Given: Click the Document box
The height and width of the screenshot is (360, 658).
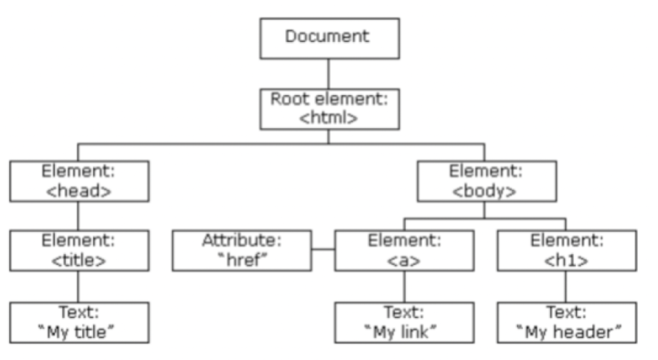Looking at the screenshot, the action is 329,38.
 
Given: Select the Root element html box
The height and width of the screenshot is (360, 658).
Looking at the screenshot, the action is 329,109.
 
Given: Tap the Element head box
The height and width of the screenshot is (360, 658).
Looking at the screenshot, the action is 80,181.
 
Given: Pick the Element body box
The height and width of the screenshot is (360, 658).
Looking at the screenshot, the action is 487,181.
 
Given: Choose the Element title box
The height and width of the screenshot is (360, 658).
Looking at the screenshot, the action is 80,250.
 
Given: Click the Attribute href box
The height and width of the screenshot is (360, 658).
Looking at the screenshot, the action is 241,250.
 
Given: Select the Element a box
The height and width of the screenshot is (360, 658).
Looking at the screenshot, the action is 405,250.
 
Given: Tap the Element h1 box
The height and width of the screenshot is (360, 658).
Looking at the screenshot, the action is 567,250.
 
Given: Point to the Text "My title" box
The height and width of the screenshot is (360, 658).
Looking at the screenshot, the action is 80,323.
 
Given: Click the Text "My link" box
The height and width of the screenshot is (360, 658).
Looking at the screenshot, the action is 405,323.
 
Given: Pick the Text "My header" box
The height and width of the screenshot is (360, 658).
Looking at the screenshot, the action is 567,323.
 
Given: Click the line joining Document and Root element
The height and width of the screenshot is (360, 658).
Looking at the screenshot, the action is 329,74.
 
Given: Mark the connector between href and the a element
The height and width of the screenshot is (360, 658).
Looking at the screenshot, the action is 324,249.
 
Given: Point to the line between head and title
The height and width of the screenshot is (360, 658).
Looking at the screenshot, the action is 78,216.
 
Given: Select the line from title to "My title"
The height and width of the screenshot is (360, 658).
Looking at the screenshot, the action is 78,287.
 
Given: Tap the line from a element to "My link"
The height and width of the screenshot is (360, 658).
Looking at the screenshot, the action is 405,287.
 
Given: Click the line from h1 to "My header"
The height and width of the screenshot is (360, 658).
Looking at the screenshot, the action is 566,287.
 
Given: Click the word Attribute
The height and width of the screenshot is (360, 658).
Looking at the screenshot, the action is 241,240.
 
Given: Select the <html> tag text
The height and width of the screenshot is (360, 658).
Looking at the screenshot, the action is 329,118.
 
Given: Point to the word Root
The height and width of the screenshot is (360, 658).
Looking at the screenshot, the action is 290,99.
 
